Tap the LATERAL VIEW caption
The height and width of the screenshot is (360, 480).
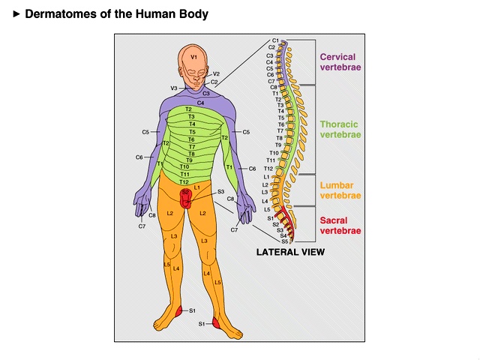click(290, 253)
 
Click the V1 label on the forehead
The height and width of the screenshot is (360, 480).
click(193, 57)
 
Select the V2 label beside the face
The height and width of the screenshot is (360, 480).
click(216, 73)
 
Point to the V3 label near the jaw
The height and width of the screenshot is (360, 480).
click(174, 88)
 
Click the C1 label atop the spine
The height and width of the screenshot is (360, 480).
click(275, 40)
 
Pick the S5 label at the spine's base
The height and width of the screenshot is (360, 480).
click(284, 241)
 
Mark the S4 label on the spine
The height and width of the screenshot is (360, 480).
click(283, 235)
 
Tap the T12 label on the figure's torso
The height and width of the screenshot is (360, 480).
click(184, 181)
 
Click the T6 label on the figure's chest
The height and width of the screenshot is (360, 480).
click(191, 139)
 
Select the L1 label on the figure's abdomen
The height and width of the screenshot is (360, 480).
click(196, 187)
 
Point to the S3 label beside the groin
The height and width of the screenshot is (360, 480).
click(220, 192)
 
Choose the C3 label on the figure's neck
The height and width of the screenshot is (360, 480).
click(205, 93)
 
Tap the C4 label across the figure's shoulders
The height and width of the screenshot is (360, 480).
click(200, 102)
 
